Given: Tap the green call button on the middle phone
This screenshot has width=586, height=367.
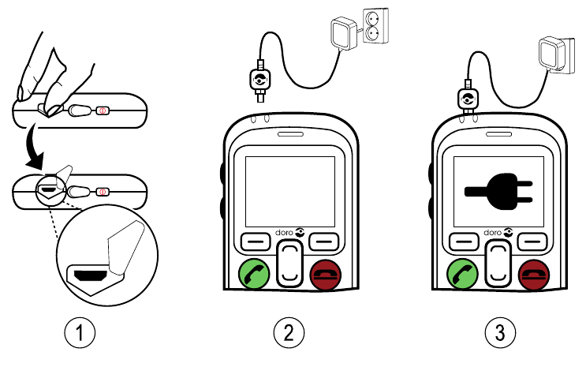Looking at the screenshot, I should coord(254,274).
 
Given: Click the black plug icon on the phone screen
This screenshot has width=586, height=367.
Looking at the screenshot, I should coord(498,189).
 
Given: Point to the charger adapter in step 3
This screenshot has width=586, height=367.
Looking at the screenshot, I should coord(551,56).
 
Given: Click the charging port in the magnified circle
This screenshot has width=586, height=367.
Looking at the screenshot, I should coord(88,275).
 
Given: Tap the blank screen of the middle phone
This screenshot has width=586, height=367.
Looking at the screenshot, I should coord(289,189).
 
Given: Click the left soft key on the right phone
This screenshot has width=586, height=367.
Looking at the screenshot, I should coord(464,239).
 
